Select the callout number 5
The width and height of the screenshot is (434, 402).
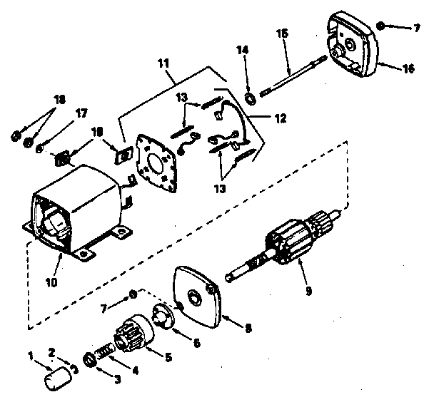[x=168, y=356]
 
